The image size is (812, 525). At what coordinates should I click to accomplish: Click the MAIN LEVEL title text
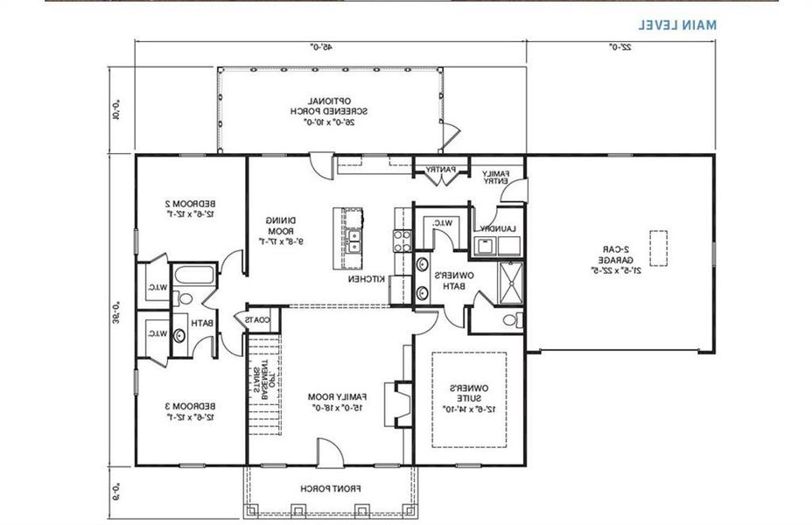(x=676, y=24)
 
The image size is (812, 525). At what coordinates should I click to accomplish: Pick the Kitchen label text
(x=363, y=278)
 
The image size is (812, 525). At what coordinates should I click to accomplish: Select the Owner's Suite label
(x=468, y=398)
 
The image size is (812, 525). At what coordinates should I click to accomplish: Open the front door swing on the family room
(x=328, y=452)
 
